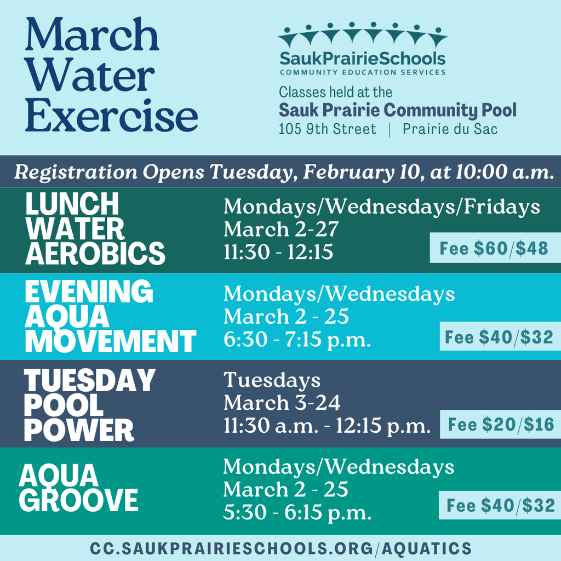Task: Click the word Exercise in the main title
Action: coord(111,116)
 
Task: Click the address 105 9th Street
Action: coord(327,130)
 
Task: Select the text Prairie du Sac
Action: coord(450,130)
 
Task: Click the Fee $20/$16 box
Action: coord(501,425)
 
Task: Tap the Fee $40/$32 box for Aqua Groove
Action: coord(500,505)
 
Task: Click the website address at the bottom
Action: coord(280,548)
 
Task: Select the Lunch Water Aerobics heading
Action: coord(94,230)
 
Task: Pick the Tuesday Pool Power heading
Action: coord(89,405)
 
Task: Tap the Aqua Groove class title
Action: coord(78,488)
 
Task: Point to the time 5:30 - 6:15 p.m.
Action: coord(297,512)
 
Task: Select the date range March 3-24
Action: coord(282,403)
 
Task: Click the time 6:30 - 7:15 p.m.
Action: coord(297,340)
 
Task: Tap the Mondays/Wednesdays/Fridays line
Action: coord(381,207)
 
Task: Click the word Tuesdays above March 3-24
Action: coord(272,380)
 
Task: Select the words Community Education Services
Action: coord(362,72)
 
